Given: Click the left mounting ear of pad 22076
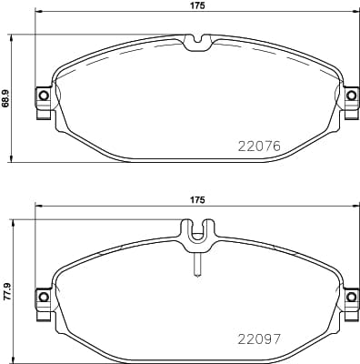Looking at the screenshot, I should [42, 96].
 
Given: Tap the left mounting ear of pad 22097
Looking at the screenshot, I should [42, 296].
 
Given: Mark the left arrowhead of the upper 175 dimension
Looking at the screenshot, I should [37, 14].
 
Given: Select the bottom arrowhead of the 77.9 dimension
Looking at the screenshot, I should [12, 356].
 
